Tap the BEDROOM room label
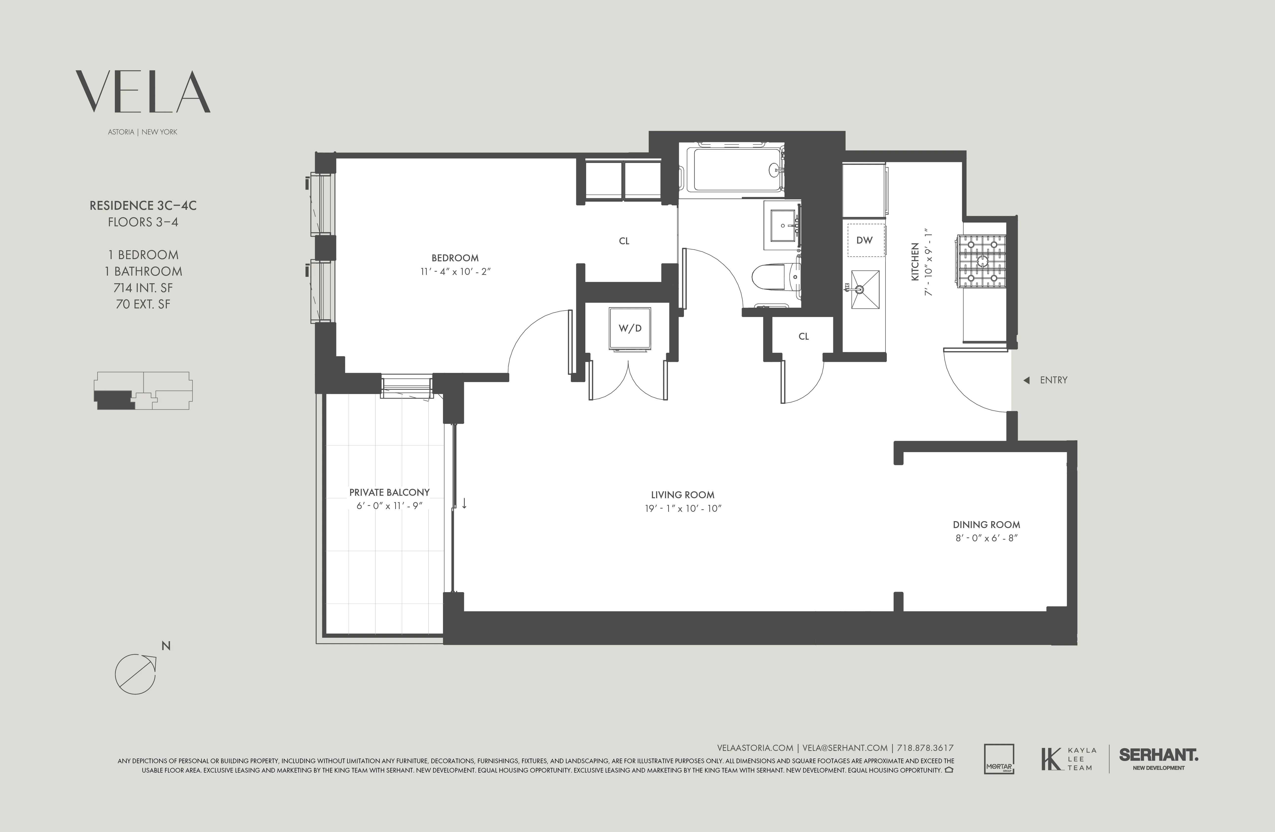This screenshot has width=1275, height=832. (455, 258)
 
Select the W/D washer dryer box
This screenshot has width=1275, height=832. (630, 328)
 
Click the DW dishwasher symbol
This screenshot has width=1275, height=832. (864, 240)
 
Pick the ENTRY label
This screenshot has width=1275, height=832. (1053, 380)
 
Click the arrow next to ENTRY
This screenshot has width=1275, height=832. (1026, 380)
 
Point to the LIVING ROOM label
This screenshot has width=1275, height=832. (682, 495)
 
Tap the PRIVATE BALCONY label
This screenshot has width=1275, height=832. (390, 492)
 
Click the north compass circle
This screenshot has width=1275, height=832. (135, 674)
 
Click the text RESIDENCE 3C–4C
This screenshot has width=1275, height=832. (143, 205)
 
